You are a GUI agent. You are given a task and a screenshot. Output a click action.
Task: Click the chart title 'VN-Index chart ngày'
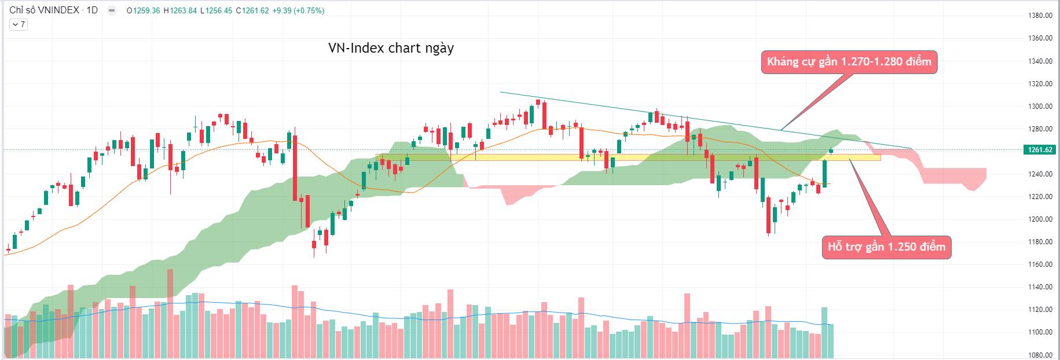(x=391, y=48)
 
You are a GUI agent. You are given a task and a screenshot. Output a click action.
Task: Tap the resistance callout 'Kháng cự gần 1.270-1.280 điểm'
(x=849, y=62)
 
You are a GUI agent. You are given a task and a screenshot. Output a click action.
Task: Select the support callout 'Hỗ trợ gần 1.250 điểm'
(x=886, y=247)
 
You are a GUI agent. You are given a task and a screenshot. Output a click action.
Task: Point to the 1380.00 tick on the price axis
(x=1040, y=16)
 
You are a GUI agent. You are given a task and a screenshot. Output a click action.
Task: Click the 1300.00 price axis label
(x=1040, y=106)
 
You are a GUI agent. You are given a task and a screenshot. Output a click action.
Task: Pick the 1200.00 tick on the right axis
(x=1040, y=219)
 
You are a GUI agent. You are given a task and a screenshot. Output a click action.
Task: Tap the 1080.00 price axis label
(x=1040, y=355)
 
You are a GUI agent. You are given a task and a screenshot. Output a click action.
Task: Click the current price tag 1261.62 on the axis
(x=1040, y=150)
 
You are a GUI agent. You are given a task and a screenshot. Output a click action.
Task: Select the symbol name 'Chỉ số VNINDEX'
(x=44, y=10)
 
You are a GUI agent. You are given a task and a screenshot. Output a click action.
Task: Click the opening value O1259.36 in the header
(x=144, y=10)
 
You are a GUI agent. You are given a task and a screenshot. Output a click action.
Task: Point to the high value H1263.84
(x=180, y=10)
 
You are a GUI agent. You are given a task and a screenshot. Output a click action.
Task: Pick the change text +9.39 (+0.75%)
(x=298, y=10)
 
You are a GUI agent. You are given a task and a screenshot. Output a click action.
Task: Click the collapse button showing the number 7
(x=19, y=24)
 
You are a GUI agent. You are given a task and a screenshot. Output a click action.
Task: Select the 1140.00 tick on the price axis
(x=1040, y=287)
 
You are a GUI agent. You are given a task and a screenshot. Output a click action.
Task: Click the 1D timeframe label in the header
(x=92, y=10)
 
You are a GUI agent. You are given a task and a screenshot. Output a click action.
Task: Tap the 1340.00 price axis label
(x=1040, y=61)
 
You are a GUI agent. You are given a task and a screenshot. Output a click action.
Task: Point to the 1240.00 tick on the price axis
(x=1040, y=174)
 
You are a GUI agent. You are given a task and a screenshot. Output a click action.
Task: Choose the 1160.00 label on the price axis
(x=1040, y=265)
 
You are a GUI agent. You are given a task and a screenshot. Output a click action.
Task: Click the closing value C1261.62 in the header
(x=252, y=10)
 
